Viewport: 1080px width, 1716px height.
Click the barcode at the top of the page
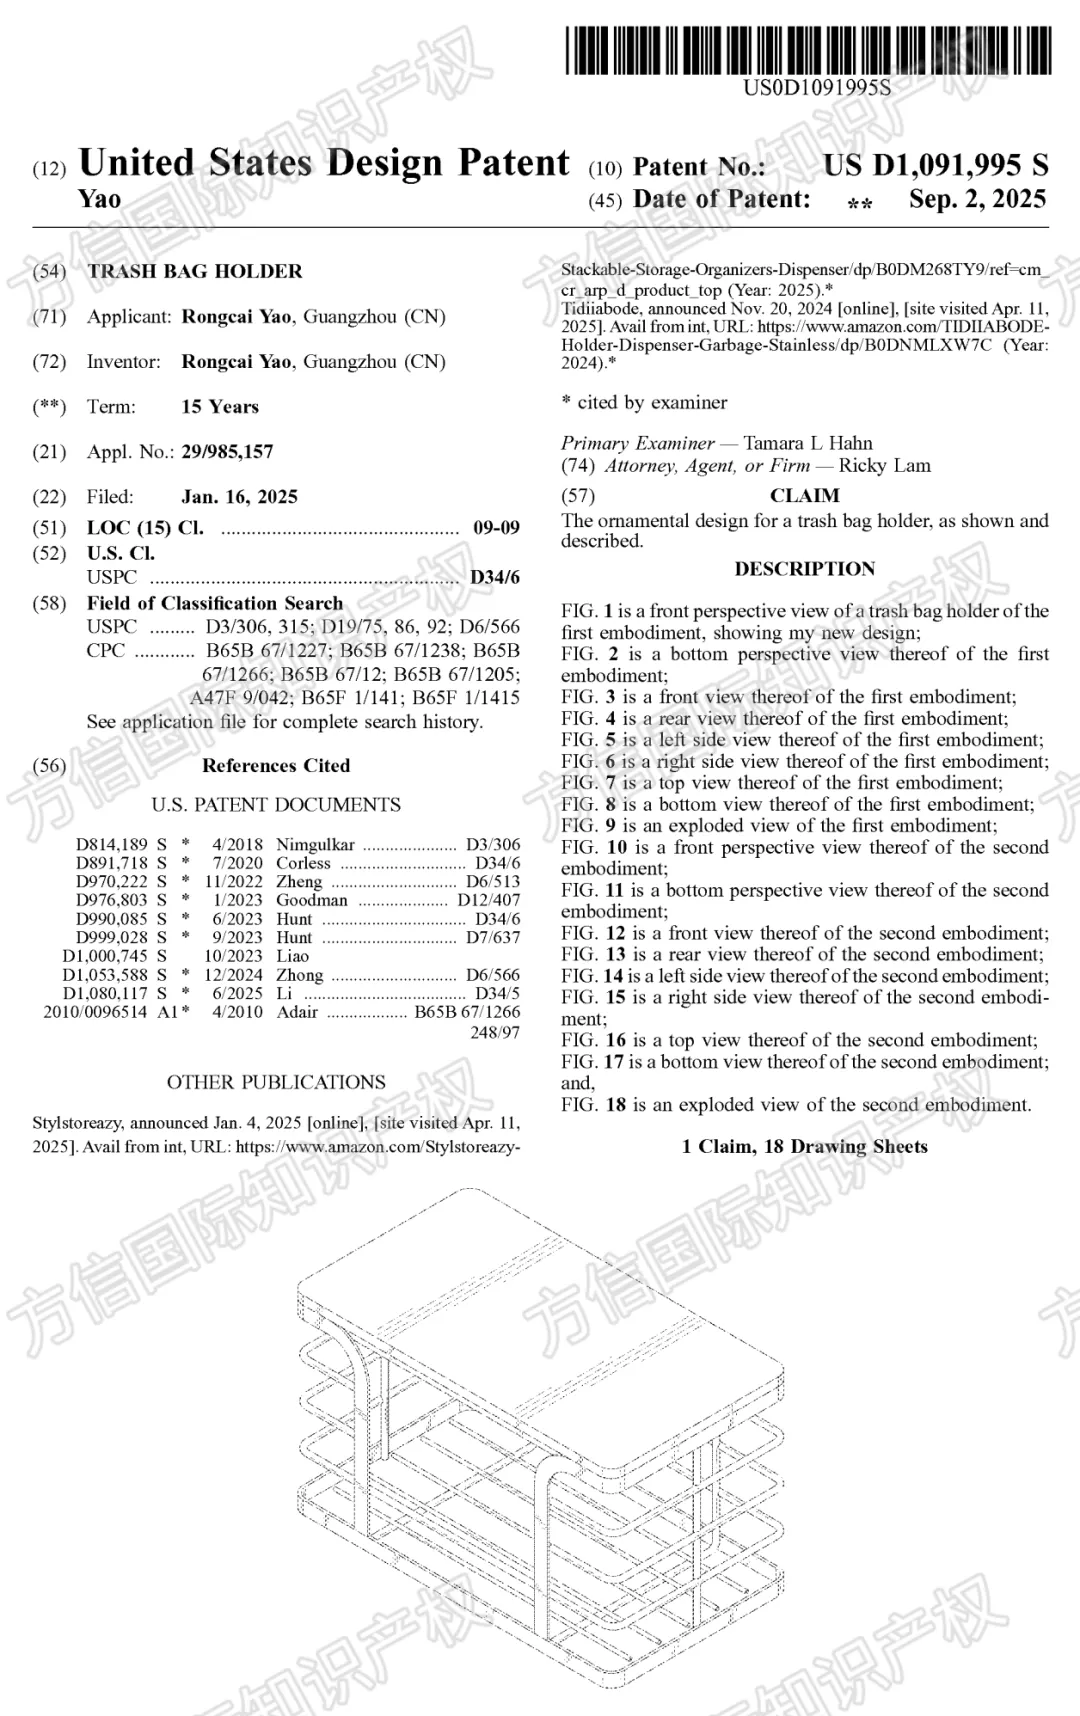coord(808,50)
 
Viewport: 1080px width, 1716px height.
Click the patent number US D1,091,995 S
coord(936,166)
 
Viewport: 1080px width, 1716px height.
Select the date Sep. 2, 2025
coord(977,199)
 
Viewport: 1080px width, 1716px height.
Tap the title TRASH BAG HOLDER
coord(195,271)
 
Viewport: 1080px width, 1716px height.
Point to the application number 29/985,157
coord(227,452)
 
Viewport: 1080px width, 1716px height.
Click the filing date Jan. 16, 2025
coord(239,497)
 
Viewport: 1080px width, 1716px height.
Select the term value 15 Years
coord(220,407)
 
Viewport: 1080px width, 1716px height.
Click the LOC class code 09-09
coord(496,528)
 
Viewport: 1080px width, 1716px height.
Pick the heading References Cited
coord(276,766)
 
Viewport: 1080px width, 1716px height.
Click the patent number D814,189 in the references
coord(111,845)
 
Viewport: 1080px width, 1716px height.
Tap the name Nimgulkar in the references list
coord(315,845)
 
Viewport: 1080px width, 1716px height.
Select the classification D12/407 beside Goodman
coord(488,900)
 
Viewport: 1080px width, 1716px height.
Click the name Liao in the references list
coord(293,956)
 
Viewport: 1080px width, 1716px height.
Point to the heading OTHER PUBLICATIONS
coord(276,1082)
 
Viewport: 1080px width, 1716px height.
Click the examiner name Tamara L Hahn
coord(808,443)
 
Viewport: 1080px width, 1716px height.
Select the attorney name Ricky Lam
coord(884,465)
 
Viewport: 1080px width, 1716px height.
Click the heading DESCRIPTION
coord(804,569)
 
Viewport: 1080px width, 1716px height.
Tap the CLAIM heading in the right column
coord(804,496)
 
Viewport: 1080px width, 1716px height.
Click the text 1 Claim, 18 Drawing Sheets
coord(804,1147)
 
